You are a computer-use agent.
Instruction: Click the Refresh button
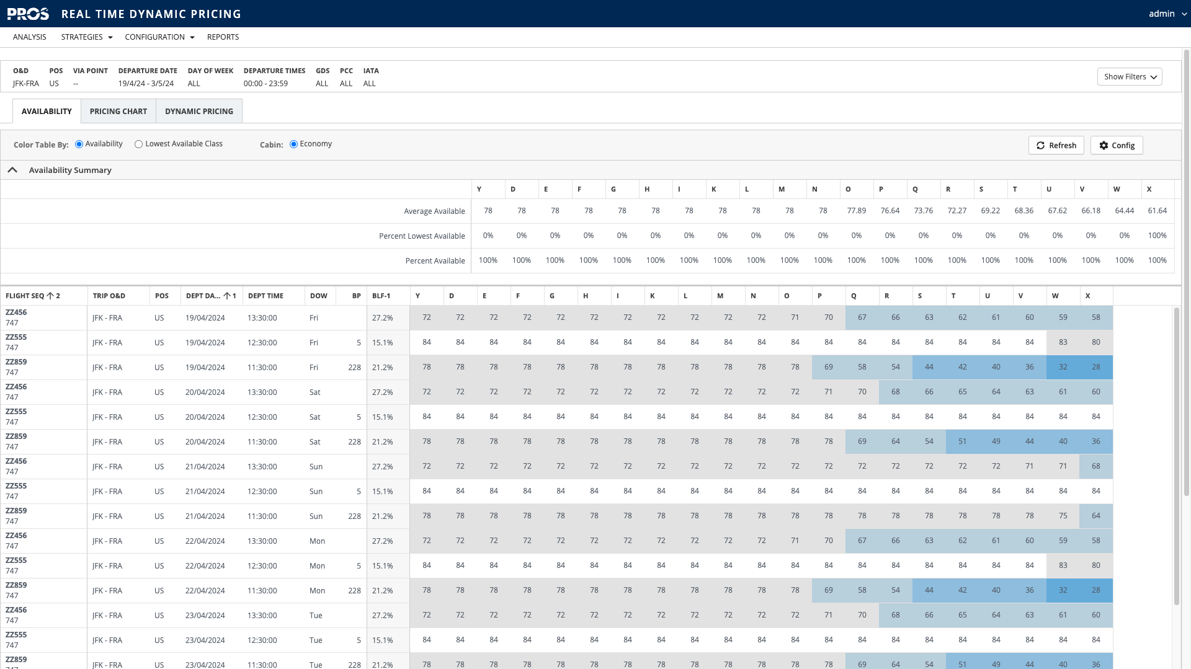click(x=1056, y=145)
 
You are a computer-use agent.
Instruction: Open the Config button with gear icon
click(x=1117, y=145)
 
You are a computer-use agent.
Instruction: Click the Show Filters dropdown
click(x=1129, y=77)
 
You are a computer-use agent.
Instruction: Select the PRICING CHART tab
click(x=118, y=112)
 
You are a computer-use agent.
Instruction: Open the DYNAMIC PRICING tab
click(x=198, y=112)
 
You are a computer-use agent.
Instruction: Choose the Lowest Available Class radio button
click(x=139, y=144)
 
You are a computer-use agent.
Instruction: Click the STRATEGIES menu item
click(x=86, y=37)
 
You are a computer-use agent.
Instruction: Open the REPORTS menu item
click(x=223, y=37)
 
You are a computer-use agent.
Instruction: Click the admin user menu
click(x=1167, y=14)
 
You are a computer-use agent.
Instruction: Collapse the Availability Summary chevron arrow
click(x=12, y=170)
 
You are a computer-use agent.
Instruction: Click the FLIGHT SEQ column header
click(x=25, y=296)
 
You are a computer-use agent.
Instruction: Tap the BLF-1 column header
click(x=381, y=296)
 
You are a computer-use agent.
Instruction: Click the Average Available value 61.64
click(x=1157, y=211)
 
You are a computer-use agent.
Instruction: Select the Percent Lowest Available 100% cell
click(x=1157, y=236)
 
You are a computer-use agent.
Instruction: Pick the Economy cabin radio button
click(x=294, y=144)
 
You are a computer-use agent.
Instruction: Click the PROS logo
click(x=28, y=14)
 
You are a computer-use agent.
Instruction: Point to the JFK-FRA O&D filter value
click(x=26, y=84)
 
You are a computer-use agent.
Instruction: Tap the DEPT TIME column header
click(x=265, y=296)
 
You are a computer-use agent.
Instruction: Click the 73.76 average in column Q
click(x=923, y=211)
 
